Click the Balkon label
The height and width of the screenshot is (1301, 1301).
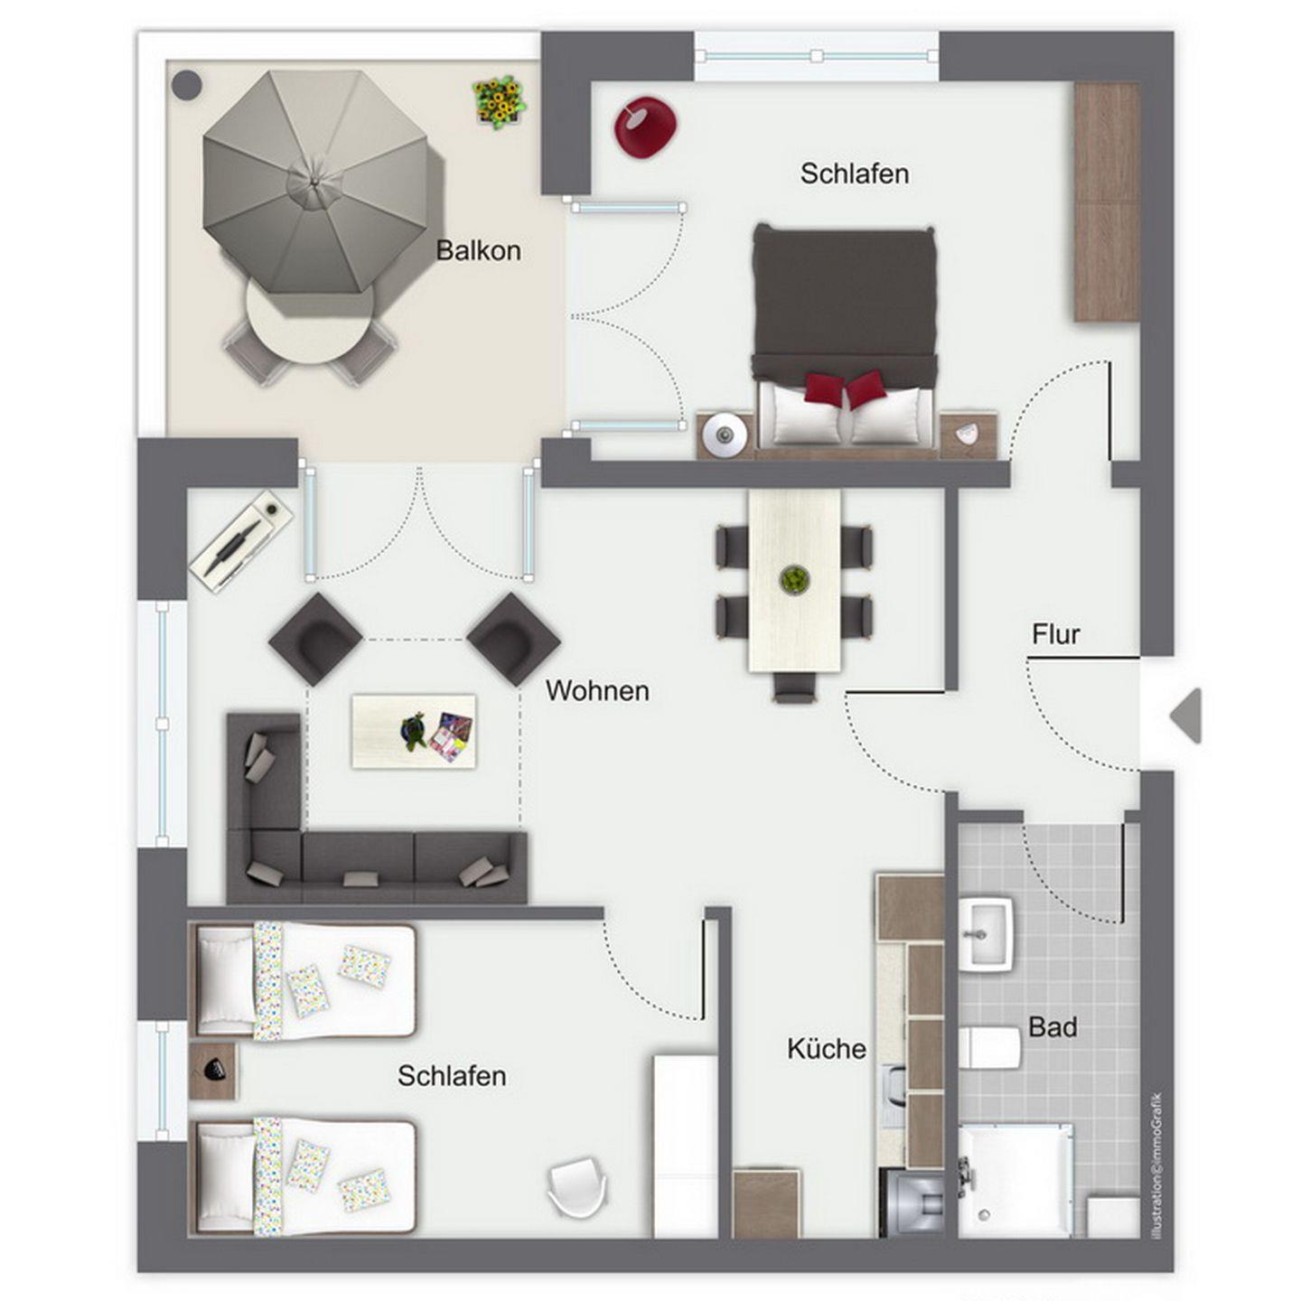tap(478, 250)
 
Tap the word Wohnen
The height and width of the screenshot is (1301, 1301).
tap(597, 690)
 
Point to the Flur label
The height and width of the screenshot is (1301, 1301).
tap(1055, 634)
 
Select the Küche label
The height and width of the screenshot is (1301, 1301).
tap(827, 1049)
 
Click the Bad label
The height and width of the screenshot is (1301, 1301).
tap(1053, 1027)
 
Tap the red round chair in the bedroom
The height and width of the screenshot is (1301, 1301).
tap(645, 127)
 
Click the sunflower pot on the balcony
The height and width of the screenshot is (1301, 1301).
tap(500, 101)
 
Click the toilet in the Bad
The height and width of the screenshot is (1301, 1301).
tap(989, 1049)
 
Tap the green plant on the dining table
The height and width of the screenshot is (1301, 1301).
tap(795, 580)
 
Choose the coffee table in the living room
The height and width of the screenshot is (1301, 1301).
tap(413, 731)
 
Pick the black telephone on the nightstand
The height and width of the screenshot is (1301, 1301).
tap(215, 1070)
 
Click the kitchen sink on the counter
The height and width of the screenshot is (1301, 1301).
tap(894, 1096)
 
